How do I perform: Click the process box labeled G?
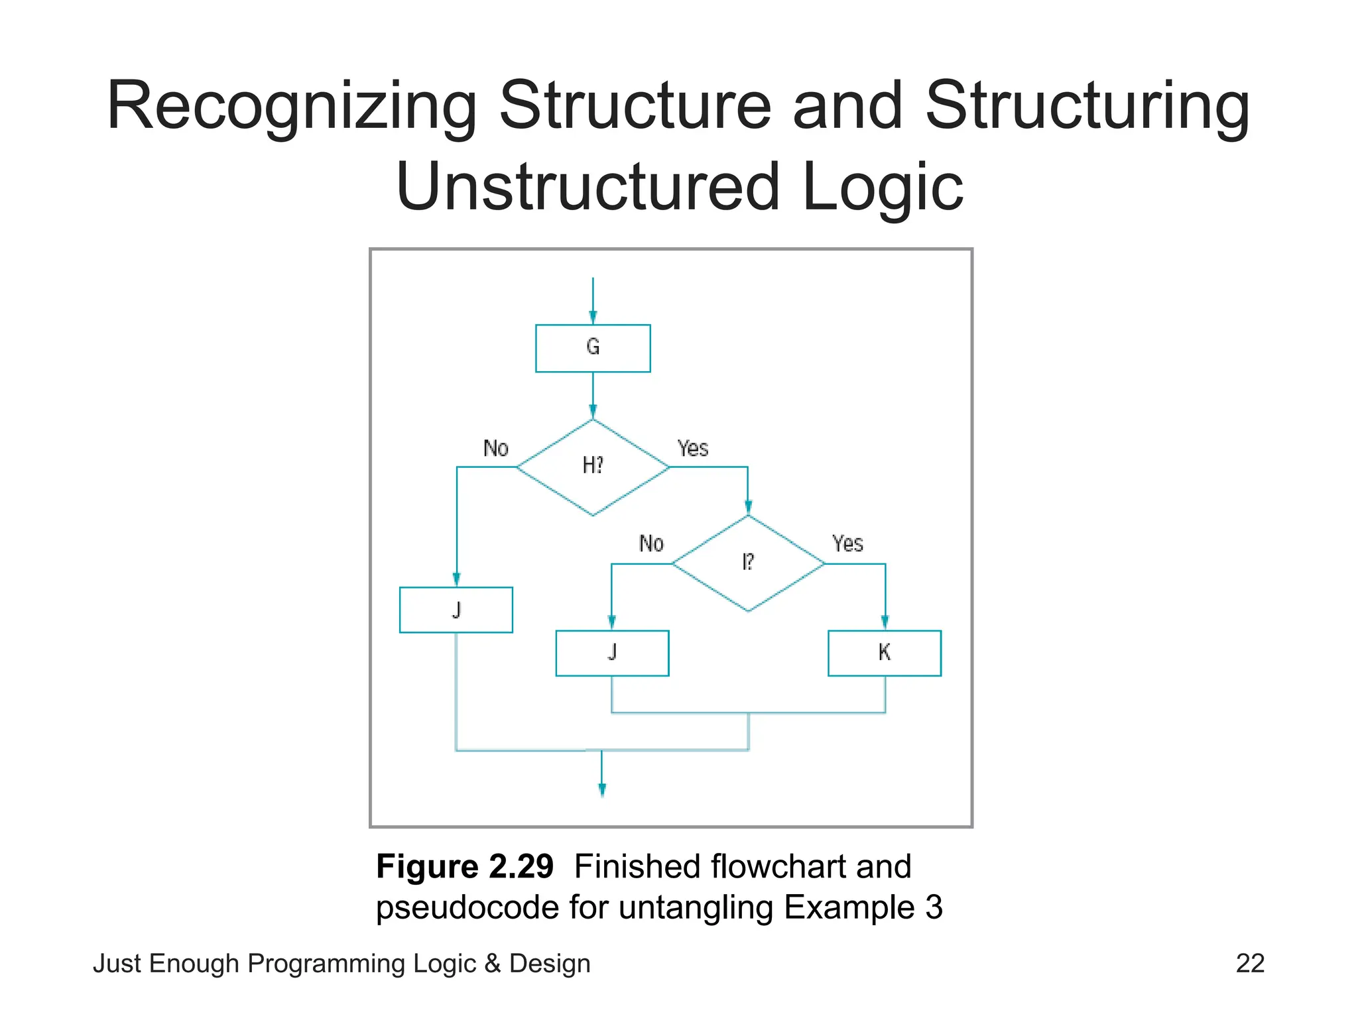(x=593, y=348)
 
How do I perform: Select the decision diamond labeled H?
(x=593, y=467)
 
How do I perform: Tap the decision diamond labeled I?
(x=748, y=563)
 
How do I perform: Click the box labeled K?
(x=884, y=653)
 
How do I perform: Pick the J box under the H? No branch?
(x=456, y=610)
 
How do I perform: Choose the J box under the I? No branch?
(x=612, y=653)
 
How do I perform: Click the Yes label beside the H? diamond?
(x=693, y=449)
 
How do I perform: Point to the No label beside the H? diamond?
(x=495, y=449)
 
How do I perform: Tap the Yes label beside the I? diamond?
(x=847, y=544)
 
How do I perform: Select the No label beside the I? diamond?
(x=651, y=544)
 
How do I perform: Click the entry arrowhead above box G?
(x=593, y=317)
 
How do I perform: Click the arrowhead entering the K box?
(x=885, y=622)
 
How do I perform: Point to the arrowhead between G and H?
(x=593, y=412)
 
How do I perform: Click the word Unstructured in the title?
(x=587, y=187)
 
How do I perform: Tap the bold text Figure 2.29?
(x=464, y=866)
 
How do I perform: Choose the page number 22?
(x=1250, y=964)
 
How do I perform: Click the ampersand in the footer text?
(x=492, y=964)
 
